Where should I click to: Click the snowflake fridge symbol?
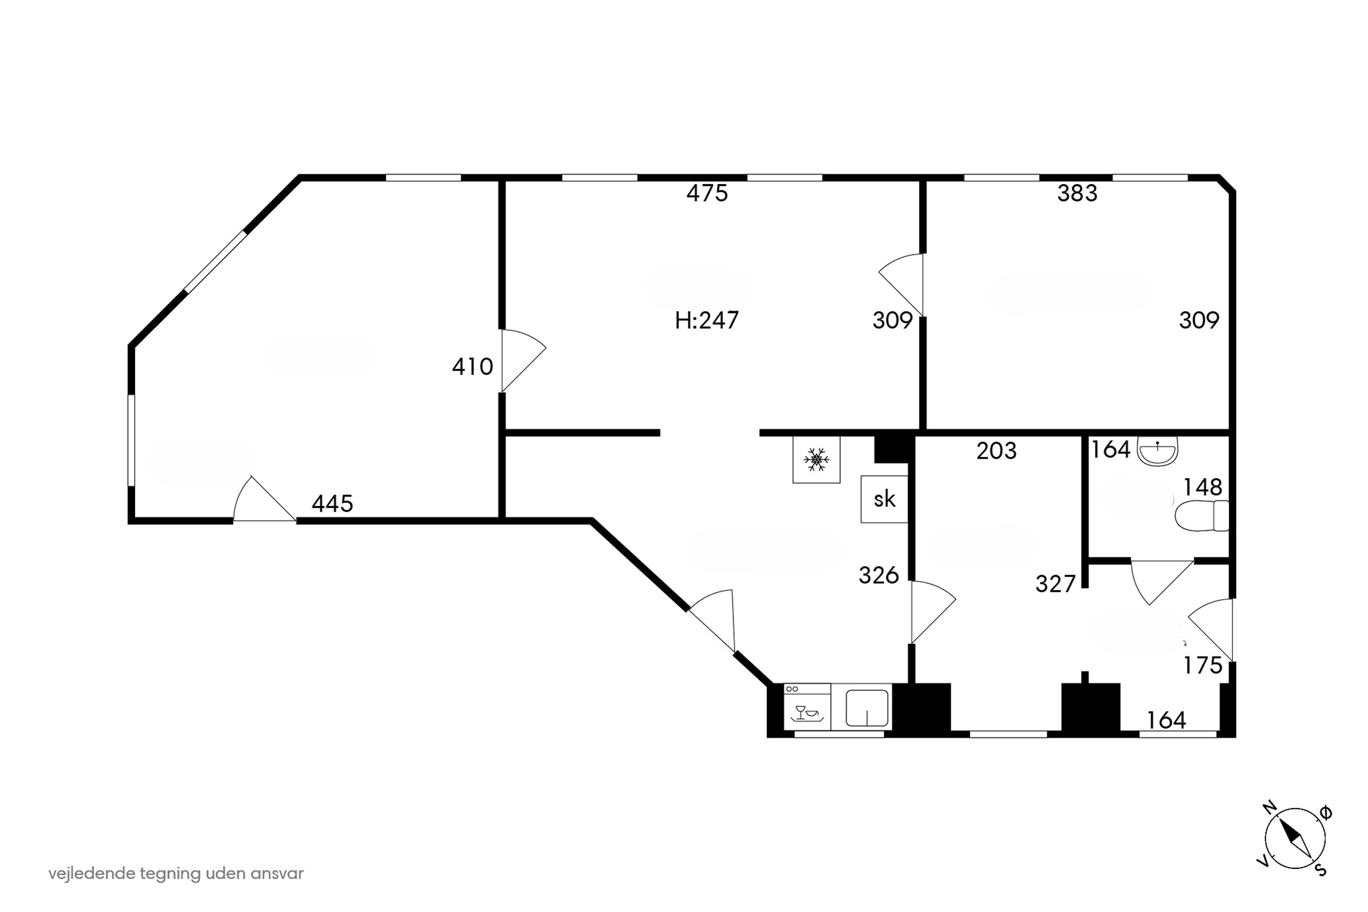(x=816, y=460)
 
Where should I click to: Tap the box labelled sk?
(x=884, y=499)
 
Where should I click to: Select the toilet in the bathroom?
(x=1202, y=515)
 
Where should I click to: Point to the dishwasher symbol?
(x=807, y=707)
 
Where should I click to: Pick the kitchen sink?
(x=867, y=707)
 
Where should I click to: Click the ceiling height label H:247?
(x=707, y=321)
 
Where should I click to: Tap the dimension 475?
(x=707, y=193)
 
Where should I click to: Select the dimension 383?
(x=1077, y=193)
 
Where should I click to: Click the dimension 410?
(x=472, y=367)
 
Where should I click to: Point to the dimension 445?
(x=332, y=504)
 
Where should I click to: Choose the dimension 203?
(x=996, y=451)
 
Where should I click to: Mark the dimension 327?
(x=1056, y=584)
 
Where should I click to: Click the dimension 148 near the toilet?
(x=1203, y=487)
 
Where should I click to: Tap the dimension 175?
(x=1203, y=665)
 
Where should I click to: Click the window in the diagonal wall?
(x=215, y=262)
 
